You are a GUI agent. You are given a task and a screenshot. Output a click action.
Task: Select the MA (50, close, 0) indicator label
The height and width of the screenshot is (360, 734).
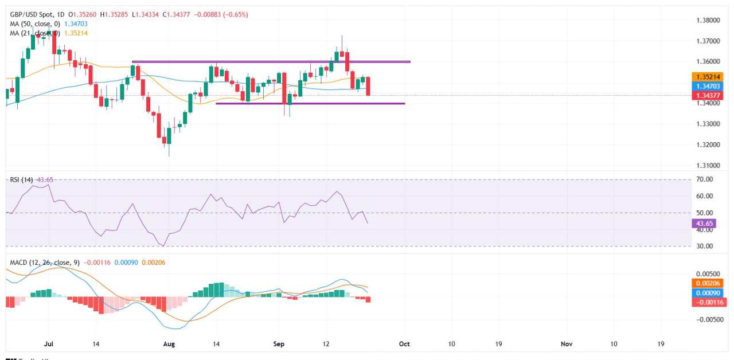(34, 24)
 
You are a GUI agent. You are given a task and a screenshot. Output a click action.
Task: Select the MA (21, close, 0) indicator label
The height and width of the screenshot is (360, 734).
(34, 33)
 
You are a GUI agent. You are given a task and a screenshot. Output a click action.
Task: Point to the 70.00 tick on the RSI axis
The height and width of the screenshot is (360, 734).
(705, 179)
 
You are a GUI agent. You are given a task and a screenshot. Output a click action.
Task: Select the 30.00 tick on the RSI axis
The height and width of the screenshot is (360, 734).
(705, 246)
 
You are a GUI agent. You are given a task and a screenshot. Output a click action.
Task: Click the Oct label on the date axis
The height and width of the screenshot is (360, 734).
(404, 343)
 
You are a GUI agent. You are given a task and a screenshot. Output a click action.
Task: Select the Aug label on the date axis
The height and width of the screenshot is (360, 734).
(169, 343)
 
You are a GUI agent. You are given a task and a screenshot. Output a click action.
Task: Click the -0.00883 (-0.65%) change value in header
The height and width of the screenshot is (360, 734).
(228, 14)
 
